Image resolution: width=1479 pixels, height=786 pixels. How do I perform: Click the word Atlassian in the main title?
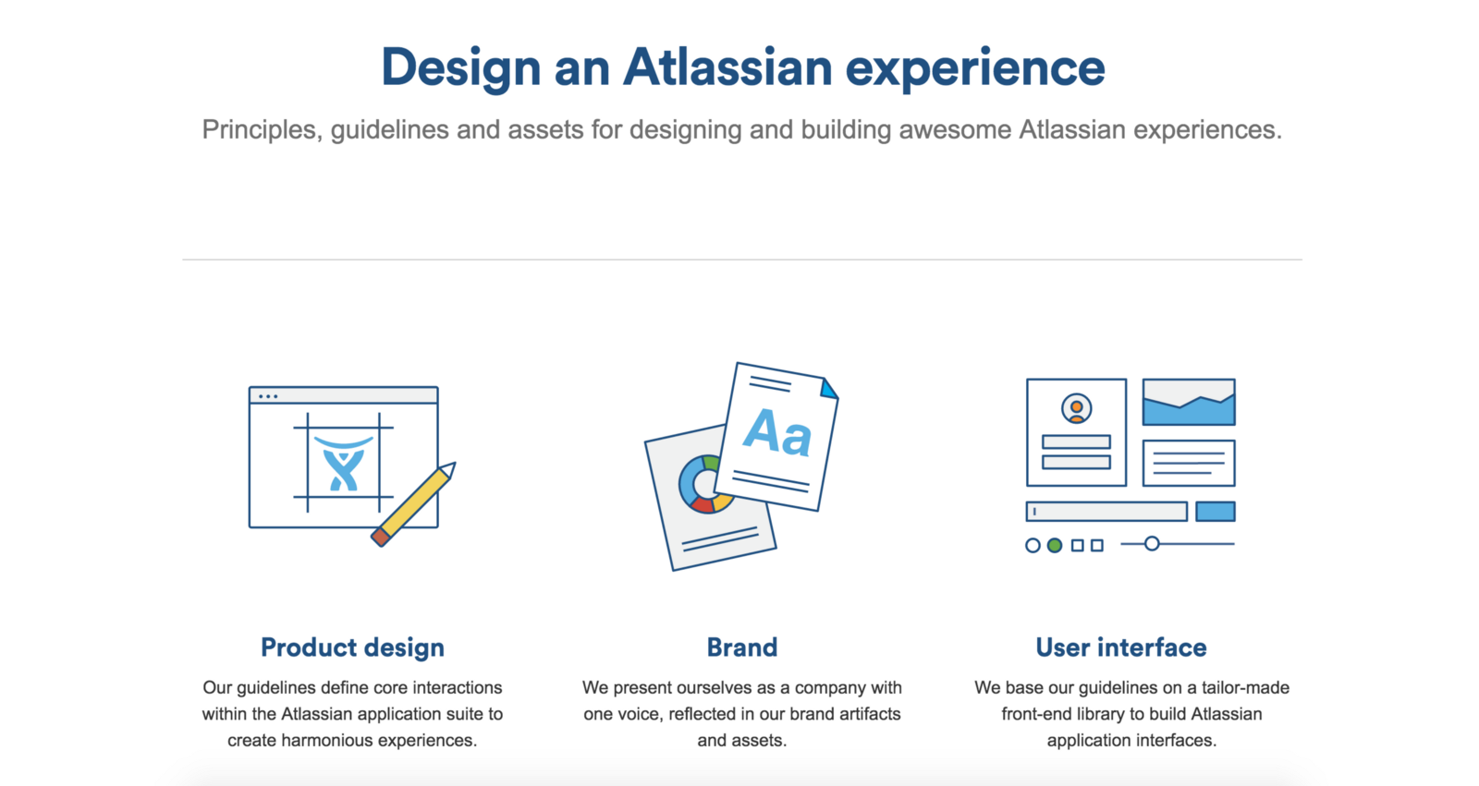(727, 67)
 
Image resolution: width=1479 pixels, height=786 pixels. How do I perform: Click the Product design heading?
(352, 648)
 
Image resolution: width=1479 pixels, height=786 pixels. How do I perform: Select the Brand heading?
(742, 647)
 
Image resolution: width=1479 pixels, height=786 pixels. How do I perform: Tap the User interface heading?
(1121, 647)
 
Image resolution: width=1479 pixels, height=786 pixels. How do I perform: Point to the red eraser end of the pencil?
(381, 537)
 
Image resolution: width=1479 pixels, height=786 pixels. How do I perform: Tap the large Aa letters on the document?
(777, 433)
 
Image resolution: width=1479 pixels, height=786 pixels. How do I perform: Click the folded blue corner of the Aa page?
(829, 389)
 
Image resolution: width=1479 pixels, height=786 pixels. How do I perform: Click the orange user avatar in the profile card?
(1076, 408)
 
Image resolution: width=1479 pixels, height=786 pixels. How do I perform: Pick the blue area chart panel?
(1189, 402)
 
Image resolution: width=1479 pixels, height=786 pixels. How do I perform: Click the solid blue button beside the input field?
(1216, 512)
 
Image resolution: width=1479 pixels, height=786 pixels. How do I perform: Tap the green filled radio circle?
(1055, 545)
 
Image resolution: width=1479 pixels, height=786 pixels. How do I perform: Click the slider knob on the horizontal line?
(1152, 544)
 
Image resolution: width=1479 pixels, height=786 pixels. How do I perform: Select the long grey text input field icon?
(1106, 512)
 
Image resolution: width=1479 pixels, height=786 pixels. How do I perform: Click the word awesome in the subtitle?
(954, 129)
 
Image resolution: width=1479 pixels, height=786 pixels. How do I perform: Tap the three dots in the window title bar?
(268, 396)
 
